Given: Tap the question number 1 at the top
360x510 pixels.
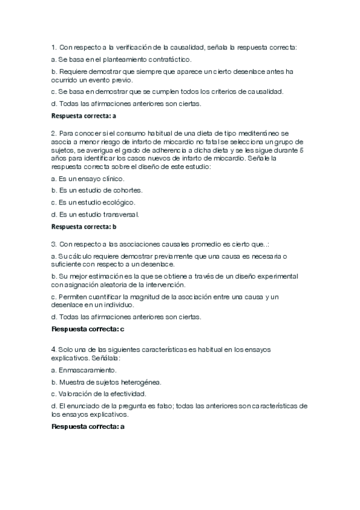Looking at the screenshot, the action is pos(53,47).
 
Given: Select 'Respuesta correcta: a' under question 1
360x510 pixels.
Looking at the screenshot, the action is pos(84,115).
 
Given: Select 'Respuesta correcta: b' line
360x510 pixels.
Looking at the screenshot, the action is pos(84,227).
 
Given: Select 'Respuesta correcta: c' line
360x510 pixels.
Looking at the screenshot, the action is pos(88,329).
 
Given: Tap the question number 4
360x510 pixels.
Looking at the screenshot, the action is pos(53,349).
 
